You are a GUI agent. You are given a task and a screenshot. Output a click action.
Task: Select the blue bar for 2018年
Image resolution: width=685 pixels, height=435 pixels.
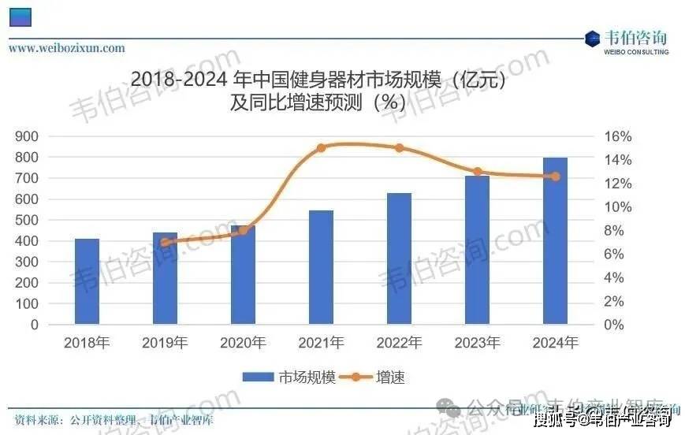pos(87,281)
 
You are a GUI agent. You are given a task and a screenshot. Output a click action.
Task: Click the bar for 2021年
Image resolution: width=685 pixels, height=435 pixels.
pos(321,267)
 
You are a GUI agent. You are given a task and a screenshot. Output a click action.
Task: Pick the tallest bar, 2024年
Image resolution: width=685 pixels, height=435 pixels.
pos(555,240)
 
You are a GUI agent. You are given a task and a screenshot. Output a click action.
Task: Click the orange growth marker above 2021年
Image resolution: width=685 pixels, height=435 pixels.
pos(321,147)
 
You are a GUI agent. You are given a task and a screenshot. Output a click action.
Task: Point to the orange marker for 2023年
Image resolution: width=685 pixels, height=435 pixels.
pos(477,172)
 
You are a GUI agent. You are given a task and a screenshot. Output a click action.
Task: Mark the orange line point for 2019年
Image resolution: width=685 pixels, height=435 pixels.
pos(165,243)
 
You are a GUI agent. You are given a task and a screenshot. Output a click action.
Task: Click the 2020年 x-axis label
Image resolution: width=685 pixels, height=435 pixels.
pos(243,343)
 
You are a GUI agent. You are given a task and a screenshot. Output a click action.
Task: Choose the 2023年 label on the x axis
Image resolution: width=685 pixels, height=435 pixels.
pos(477,343)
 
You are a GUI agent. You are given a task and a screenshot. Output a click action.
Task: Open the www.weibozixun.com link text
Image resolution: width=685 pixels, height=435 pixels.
pos(67,48)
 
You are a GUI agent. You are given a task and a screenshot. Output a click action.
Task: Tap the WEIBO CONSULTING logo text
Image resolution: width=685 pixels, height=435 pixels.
pos(636,52)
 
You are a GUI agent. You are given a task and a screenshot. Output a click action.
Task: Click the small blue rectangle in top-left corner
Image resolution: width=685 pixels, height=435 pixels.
pos(20,16)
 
